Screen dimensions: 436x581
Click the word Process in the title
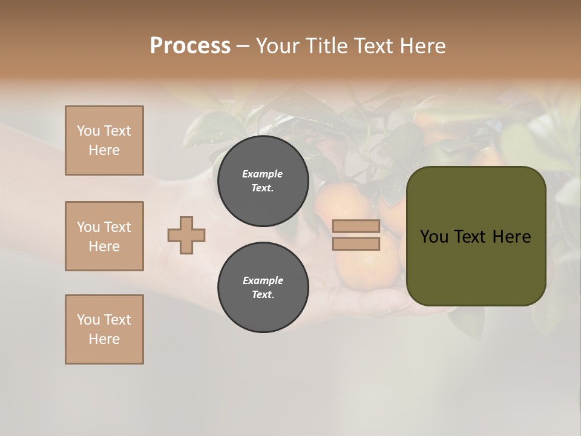click(x=190, y=46)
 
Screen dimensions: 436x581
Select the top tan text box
click(x=104, y=140)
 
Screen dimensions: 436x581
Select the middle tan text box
click(x=104, y=236)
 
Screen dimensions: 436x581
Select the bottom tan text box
click(x=104, y=329)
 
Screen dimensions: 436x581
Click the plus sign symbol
click(x=186, y=235)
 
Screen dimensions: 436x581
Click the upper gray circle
click(x=263, y=181)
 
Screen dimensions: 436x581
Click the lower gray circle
click(x=263, y=288)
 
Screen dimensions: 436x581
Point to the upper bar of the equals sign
click(x=356, y=226)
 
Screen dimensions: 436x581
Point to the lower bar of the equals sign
click(x=356, y=243)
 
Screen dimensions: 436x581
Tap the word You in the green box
click(x=433, y=237)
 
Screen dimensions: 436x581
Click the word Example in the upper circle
click(x=263, y=174)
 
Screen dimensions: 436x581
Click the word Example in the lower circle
click(x=263, y=280)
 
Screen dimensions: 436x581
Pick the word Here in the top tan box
click(x=104, y=150)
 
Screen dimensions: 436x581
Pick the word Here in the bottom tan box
click(x=104, y=339)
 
